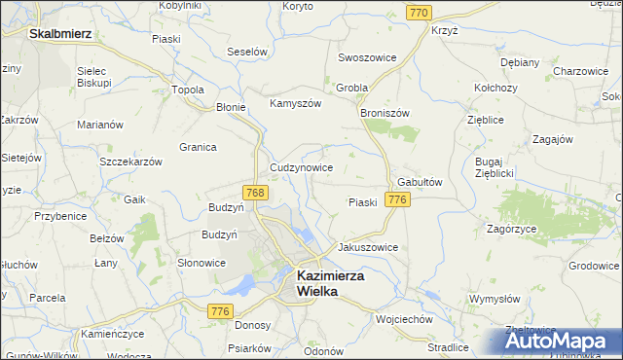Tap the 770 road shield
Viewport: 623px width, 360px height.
pos(420,12)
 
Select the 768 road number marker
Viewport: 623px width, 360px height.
pos(255,193)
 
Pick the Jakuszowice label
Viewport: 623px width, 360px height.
pos(367,247)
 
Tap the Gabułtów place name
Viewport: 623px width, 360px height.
pos(421,182)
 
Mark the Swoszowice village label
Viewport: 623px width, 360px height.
pos(367,57)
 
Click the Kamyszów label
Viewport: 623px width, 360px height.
pos(295,104)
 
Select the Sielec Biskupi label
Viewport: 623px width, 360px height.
pos(94,78)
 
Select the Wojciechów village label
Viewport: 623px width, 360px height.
pos(404,318)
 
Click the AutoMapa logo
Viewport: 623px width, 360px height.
pos(559,340)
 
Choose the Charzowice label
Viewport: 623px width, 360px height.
pos(580,71)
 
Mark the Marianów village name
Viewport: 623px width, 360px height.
pos(100,125)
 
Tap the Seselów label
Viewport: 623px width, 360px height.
pos(246,51)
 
